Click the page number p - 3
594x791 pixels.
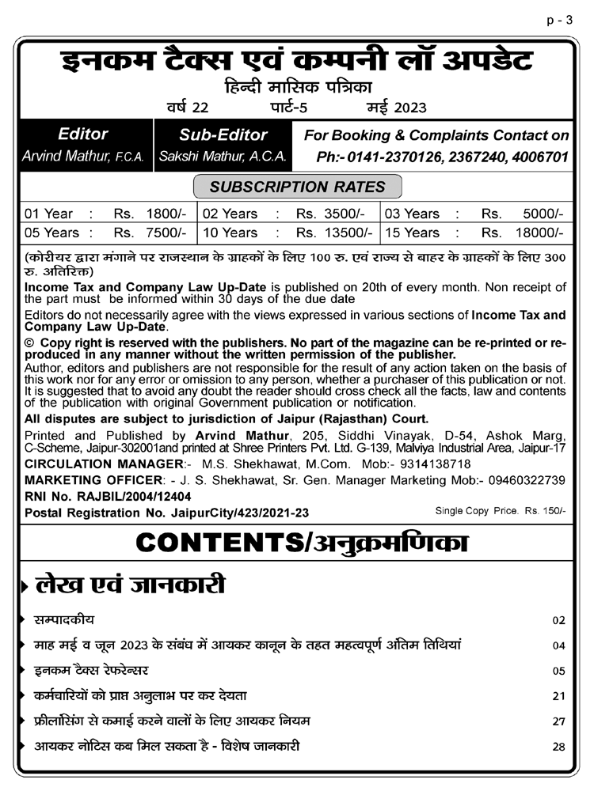point(559,21)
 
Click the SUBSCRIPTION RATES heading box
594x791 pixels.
point(297,187)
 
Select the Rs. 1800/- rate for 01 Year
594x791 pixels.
point(150,214)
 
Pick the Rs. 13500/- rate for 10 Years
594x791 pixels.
point(333,233)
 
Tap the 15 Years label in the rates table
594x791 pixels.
point(412,233)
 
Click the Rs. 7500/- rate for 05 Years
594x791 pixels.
point(150,233)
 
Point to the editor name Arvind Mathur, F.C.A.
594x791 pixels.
point(83,157)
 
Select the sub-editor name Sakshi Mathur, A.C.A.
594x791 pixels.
point(223,157)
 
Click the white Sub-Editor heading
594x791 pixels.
point(223,135)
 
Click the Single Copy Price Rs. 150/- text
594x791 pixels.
point(501,511)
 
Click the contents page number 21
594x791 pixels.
point(559,696)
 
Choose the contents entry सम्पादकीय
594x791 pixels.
point(64,619)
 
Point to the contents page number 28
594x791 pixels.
point(559,747)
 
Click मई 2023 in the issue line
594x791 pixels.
point(395,108)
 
